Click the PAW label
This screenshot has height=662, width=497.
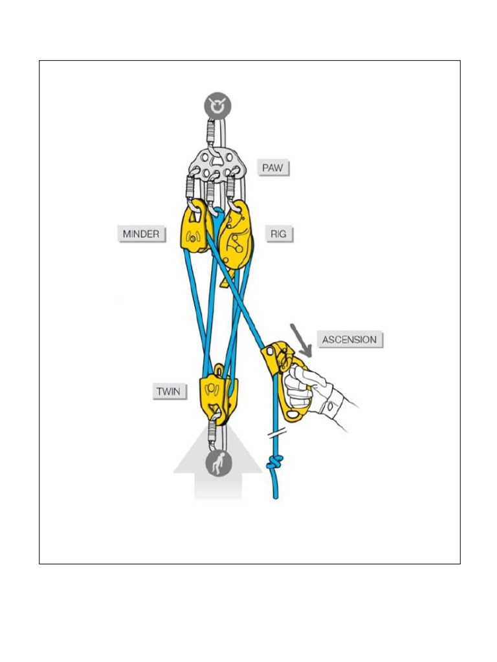272,168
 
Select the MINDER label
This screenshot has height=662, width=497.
141,233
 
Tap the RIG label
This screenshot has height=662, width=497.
278,233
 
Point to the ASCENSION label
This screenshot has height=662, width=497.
349,339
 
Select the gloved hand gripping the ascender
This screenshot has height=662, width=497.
309,386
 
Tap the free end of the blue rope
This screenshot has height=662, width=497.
276,495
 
